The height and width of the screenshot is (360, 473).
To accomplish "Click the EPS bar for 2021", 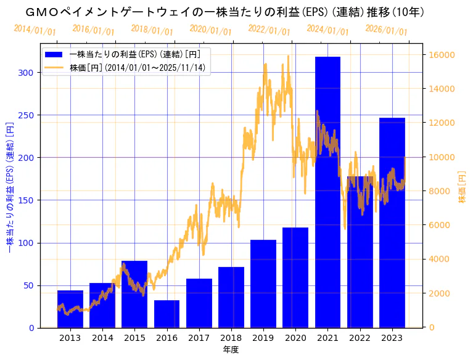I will (327, 192).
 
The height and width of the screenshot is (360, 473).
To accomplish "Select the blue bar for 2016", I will (167, 314).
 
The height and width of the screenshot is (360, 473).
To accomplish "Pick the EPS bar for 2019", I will (263, 284).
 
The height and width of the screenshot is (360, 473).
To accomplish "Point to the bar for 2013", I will (70, 309).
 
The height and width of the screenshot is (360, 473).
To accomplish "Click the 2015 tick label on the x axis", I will (134, 338).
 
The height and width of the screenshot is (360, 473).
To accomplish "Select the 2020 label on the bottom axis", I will (295, 338).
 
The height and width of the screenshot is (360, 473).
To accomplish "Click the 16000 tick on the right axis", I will (442, 55).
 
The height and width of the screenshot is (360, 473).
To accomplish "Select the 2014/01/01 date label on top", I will (35, 30).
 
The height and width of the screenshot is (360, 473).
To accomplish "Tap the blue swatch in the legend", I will (54, 54).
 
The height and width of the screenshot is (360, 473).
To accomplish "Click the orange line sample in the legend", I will (54, 67).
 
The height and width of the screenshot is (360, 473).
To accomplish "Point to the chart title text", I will (224, 12).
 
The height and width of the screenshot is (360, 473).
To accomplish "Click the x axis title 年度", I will (231, 350).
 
